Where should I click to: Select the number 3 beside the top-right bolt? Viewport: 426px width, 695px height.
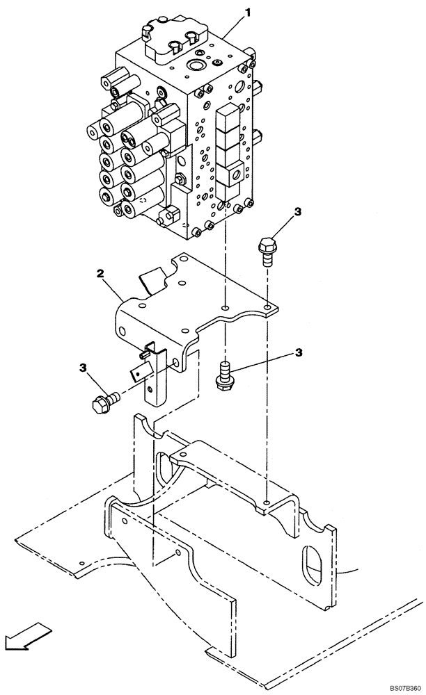(x=297, y=212)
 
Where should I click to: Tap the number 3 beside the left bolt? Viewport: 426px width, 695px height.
(x=83, y=366)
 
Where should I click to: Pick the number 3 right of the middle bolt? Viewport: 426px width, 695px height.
(x=299, y=353)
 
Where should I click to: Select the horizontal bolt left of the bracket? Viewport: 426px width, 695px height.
(x=104, y=401)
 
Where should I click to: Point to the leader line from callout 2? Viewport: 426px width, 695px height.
(x=115, y=288)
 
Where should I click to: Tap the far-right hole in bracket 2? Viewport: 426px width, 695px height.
(x=268, y=306)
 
